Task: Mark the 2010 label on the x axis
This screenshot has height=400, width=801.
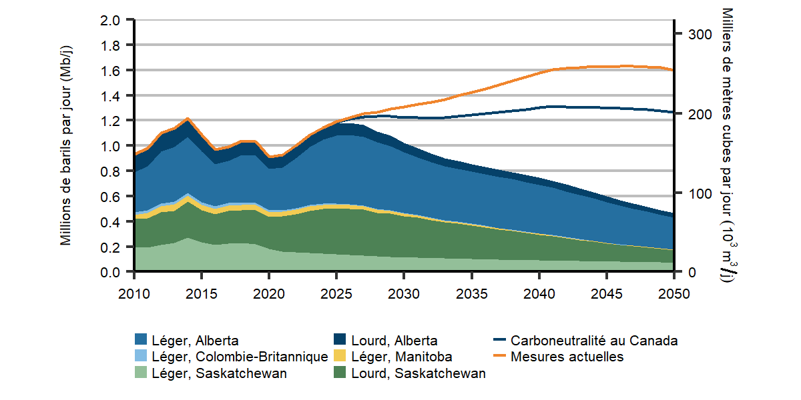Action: [x=135, y=294]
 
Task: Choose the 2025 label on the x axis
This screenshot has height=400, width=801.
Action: [x=337, y=294]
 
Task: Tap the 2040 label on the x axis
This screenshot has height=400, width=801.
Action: [x=539, y=294]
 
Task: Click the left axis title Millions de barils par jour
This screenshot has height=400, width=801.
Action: [x=66, y=146]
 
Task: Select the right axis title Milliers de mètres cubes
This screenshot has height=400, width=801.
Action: [x=728, y=146]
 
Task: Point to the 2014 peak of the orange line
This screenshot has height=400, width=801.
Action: [x=188, y=119]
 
